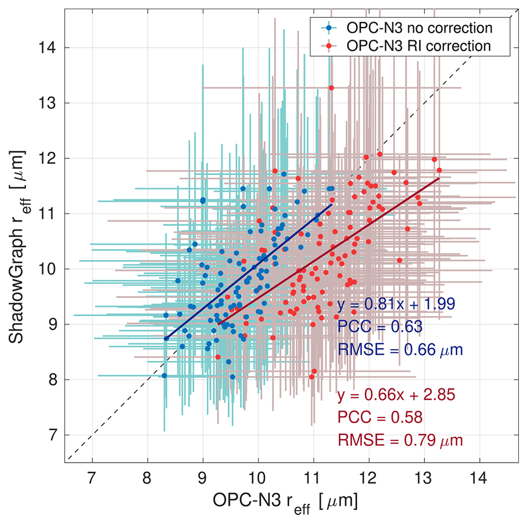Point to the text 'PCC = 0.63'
(380, 326)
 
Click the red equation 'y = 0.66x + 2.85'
(396, 396)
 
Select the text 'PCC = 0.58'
(380, 418)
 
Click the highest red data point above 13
(331, 88)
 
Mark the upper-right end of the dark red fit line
(439, 178)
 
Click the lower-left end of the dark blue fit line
(166, 338)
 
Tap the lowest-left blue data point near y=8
(164, 375)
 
